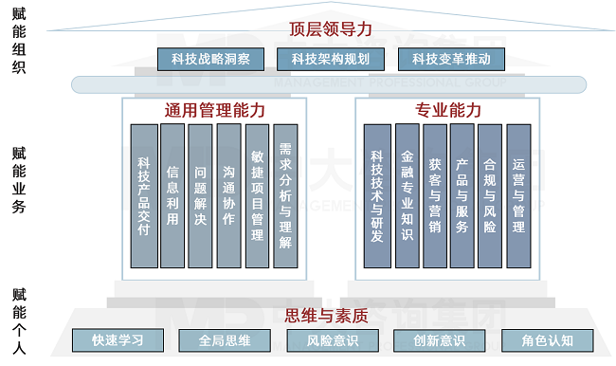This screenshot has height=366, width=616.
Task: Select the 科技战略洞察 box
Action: (210, 59)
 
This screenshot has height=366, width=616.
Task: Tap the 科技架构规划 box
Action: (330, 59)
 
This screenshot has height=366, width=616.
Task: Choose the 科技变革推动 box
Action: (451, 59)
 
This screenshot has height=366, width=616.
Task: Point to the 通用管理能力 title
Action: (214, 110)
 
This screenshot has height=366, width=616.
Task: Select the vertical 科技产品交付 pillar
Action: (144, 195)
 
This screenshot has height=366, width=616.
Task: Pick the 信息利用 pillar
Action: (172, 195)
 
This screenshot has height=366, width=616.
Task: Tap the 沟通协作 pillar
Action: (228, 195)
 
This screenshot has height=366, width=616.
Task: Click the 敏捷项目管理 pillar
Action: (257, 195)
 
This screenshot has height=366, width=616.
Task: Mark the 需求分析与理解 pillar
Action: (285, 195)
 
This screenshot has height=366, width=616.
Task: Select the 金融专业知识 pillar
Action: (407, 195)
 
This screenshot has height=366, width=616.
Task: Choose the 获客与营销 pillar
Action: (435, 195)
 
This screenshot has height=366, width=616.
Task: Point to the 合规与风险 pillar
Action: (490, 195)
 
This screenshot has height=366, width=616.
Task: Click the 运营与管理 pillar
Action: (518, 195)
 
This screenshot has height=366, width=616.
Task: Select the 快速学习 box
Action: (118, 340)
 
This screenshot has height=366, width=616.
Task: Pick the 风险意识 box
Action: (332, 340)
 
